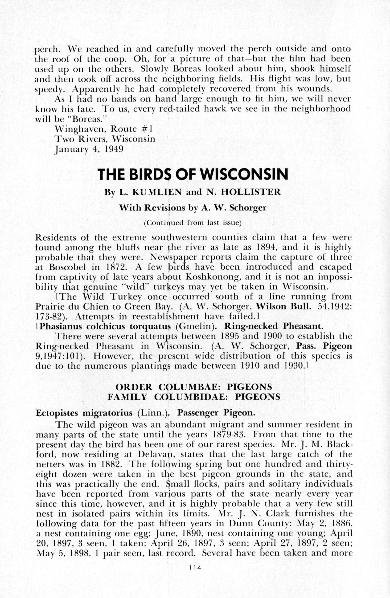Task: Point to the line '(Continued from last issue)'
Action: point(193,223)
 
